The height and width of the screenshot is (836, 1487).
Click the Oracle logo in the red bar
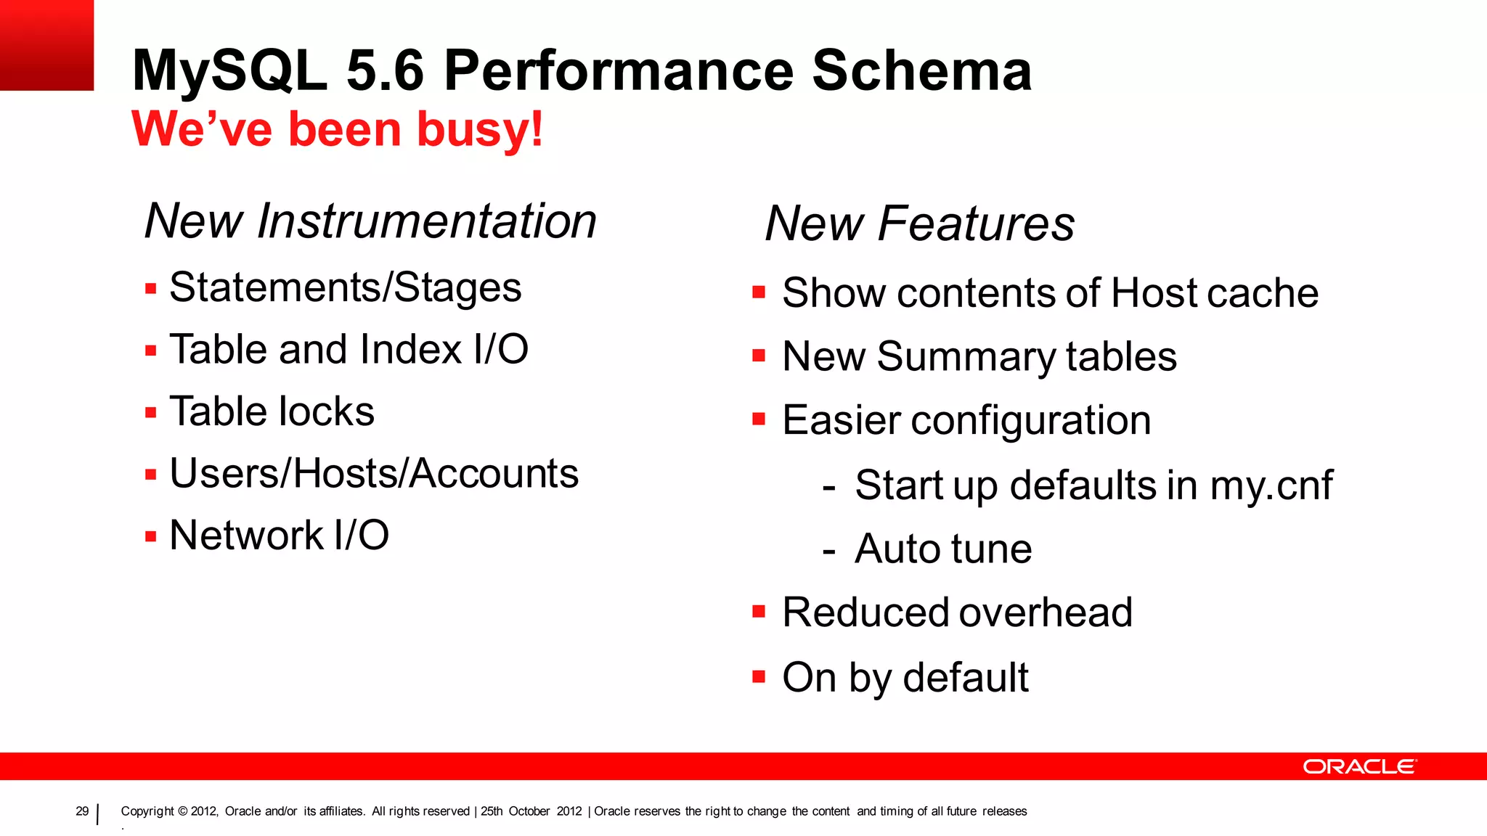point(1358,766)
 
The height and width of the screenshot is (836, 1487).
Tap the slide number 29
point(82,811)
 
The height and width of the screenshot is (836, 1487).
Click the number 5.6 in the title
point(385,70)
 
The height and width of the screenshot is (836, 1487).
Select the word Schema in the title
point(921,70)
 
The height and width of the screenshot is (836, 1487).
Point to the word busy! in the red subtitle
point(479,129)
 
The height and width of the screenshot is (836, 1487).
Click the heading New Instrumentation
point(370,221)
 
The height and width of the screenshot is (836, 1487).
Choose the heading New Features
point(919,224)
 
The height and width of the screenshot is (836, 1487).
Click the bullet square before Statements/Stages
point(151,289)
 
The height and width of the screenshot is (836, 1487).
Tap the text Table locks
point(272,411)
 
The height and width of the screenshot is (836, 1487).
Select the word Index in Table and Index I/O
point(410,349)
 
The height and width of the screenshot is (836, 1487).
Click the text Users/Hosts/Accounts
point(374,474)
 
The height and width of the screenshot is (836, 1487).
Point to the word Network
point(246,536)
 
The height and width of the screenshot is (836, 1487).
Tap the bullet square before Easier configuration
point(759,419)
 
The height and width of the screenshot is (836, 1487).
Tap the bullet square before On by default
point(759,677)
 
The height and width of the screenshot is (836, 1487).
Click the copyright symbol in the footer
point(183,811)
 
